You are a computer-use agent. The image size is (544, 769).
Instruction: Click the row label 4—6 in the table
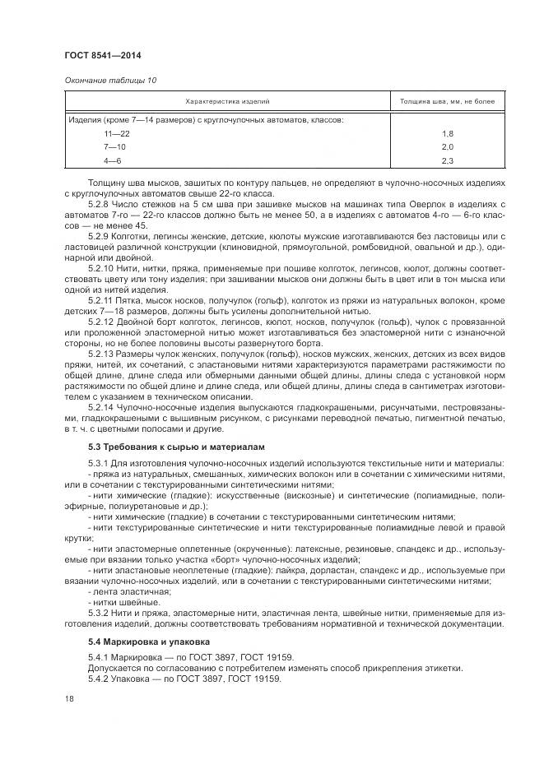112,160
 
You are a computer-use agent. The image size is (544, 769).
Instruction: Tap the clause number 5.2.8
99,202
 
